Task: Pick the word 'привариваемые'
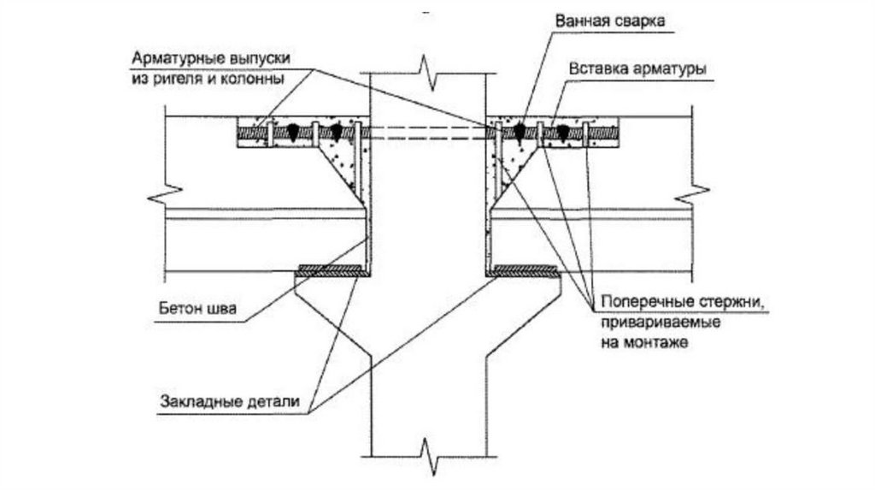click(649, 323)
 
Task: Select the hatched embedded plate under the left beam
click(333, 272)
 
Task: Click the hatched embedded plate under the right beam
click(523, 270)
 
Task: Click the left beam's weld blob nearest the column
click(336, 131)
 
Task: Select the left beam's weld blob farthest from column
click(292, 131)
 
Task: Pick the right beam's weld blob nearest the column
click(519, 131)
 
